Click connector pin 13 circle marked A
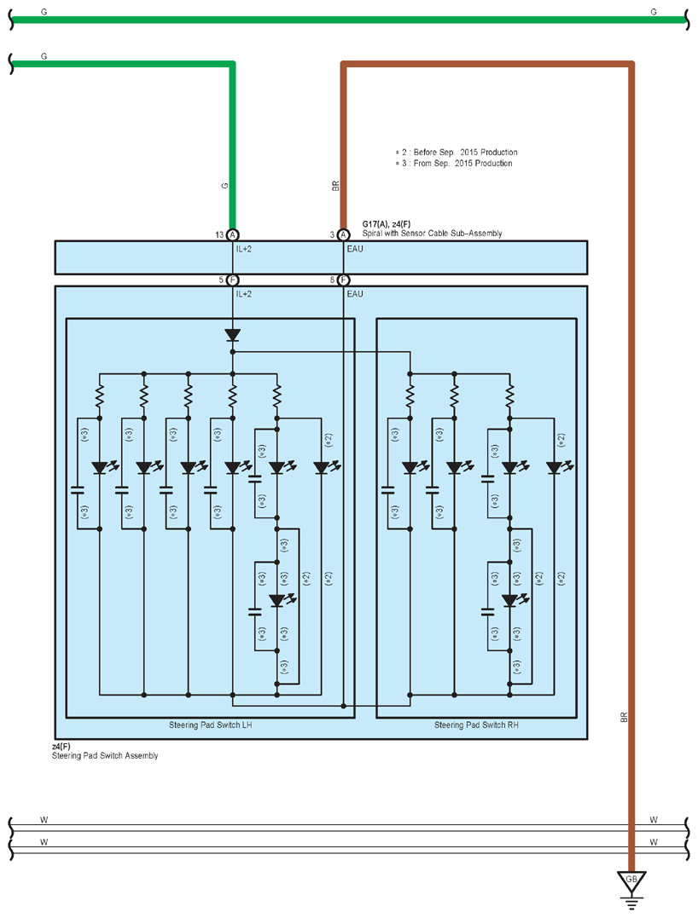233,234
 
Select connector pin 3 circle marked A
343,234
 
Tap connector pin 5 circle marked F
233,280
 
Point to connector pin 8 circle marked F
343,280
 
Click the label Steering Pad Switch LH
211,725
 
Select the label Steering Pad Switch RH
476,725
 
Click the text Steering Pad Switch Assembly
105,756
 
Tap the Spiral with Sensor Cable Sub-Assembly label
432,233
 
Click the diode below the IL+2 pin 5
233,335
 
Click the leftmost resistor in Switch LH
100,395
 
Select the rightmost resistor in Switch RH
510,395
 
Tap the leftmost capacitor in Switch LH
78,490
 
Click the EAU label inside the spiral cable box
355,249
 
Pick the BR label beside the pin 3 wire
336,186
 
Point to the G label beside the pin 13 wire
224,186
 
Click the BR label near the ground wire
624,717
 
